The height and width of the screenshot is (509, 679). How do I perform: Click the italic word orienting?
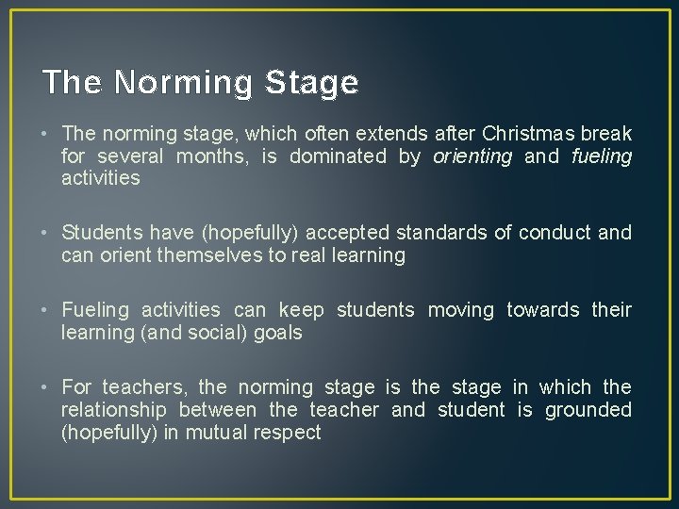point(472,156)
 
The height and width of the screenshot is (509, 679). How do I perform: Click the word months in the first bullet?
point(214,156)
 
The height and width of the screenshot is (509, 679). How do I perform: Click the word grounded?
point(588,410)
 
